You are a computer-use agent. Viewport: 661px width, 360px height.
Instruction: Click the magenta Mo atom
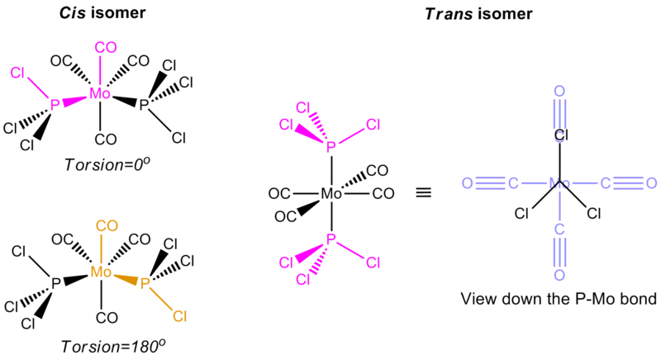click(101, 94)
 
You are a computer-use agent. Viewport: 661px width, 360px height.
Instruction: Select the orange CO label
click(104, 225)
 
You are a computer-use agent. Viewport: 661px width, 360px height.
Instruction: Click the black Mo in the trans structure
click(330, 195)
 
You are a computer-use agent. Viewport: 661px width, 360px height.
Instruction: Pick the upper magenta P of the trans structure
click(330, 147)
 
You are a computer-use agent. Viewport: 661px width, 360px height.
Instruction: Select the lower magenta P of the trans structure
click(330, 239)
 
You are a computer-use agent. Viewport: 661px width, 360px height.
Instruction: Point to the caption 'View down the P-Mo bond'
click(559, 297)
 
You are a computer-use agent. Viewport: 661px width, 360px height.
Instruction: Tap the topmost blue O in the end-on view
click(559, 91)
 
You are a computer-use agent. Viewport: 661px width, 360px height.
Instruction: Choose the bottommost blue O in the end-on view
click(559, 273)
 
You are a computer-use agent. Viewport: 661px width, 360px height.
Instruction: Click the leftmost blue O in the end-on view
click(468, 182)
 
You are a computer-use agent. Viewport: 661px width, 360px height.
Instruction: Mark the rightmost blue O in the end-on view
click(651, 182)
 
